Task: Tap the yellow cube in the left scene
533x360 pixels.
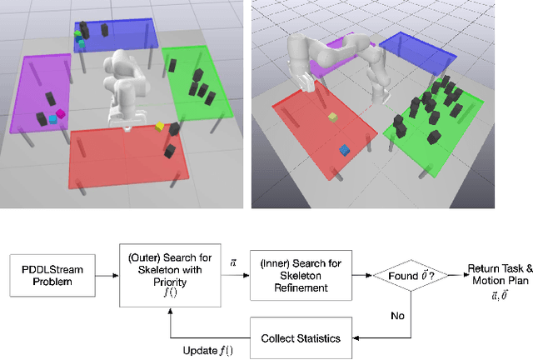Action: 159,127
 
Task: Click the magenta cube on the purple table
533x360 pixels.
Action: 60,112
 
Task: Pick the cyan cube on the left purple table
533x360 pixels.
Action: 52,120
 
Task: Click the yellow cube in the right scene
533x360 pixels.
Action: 332,117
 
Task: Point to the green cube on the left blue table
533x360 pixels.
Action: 79,35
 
